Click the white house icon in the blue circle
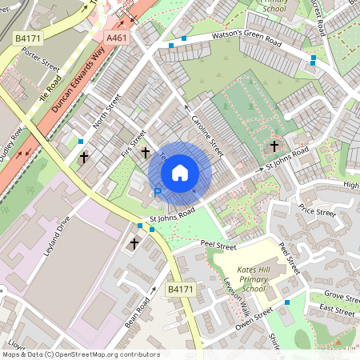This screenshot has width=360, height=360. pos(179,172)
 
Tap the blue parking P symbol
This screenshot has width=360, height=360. pos(158,193)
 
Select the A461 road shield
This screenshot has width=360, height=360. pos(116,37)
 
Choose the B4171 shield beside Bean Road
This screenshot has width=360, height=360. pos(179,289)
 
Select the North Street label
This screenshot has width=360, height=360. pos(106,110)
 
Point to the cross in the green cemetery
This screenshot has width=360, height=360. pos(274,146)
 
